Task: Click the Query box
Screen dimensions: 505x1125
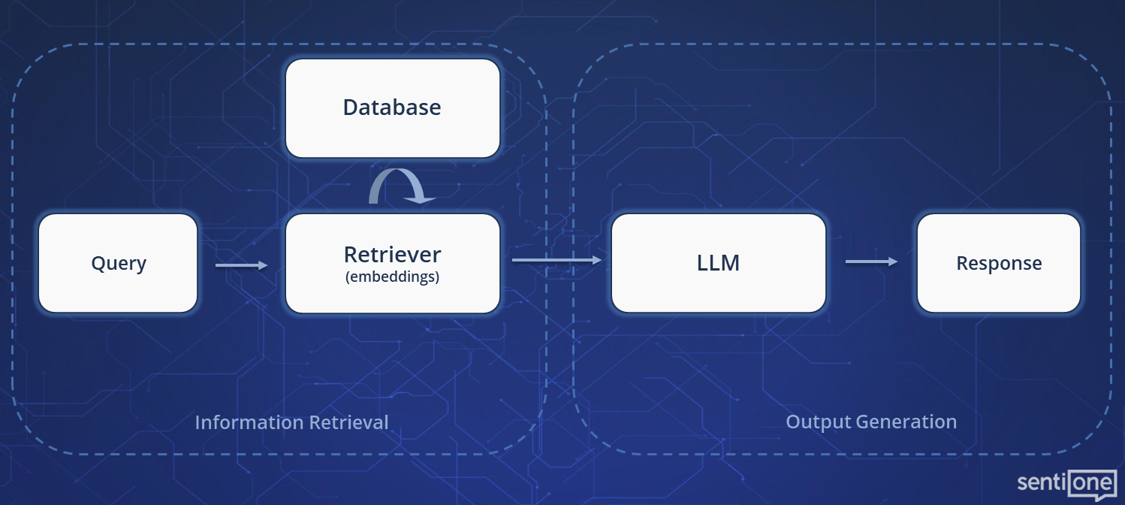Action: [118, 263]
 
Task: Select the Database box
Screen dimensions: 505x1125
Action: [392, 108]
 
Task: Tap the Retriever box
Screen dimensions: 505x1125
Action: [392, 263]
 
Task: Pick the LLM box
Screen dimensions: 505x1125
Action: [718, 263]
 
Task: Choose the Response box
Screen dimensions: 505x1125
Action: [999, 263]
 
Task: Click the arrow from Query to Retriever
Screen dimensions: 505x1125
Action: [241, 265]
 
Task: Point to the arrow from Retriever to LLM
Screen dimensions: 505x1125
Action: [556, 260]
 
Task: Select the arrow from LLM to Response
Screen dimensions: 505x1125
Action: [871, 262]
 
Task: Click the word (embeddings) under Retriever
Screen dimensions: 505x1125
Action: [392, 277]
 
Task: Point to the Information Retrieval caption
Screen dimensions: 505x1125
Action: [291, 422]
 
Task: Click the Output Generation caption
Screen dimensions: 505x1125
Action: [871, 422]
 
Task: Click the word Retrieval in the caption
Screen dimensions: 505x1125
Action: [351, 422]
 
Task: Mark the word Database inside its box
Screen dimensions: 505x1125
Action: [392, 107]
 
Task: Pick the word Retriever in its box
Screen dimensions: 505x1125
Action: [392, 254]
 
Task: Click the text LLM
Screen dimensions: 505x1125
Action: [718, 263]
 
